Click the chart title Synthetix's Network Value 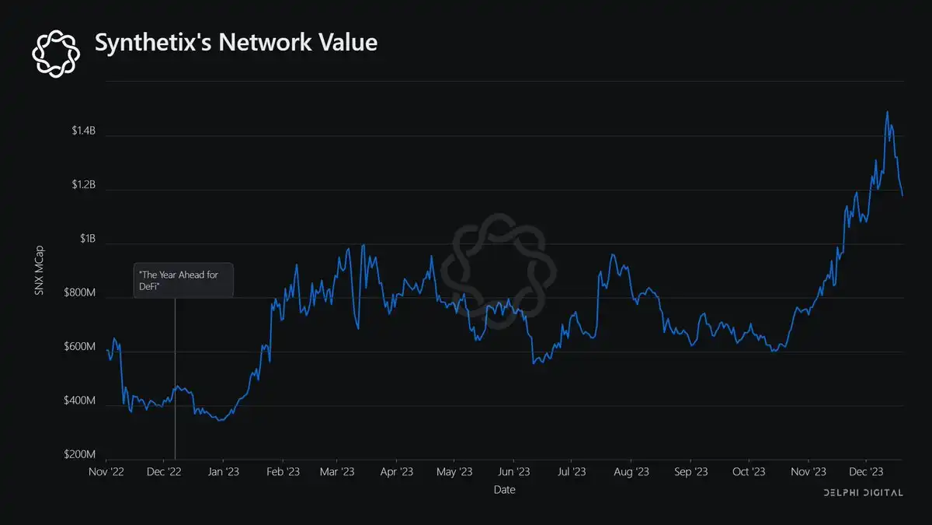pos(236,43)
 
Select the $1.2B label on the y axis pos(78,185)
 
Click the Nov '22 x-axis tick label pos(106,472)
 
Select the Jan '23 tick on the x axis pos(223,472)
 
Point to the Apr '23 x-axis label pos(398,472)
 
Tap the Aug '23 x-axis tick pos(631,472)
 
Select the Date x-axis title pos(504,490)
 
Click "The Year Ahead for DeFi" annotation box pos(183,281)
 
